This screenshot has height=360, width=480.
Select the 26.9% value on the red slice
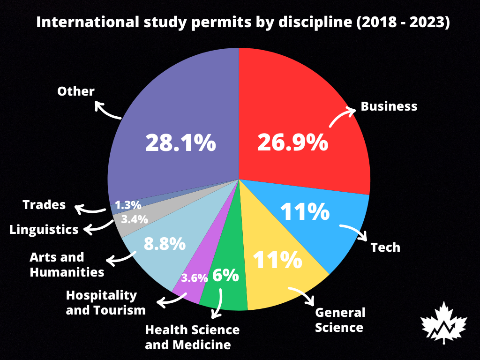click(292, 142)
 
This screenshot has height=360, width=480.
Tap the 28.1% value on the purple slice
click(180, 142)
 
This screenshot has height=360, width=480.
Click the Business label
click(389, 106)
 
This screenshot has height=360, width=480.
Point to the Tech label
click(385, 247)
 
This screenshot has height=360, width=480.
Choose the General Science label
click(340, 320)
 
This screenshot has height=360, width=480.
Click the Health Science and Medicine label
click(192, 337)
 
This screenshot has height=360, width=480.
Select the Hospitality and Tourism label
click(105, 302)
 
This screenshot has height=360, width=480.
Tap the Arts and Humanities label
click(67, 264)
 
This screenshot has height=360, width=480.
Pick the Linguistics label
click(44, 230)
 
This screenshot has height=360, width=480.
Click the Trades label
click(44, 205)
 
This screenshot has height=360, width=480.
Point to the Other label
click(76, 91)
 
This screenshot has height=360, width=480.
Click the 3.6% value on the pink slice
click(194, 278)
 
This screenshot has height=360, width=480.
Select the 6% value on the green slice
click(225, 275)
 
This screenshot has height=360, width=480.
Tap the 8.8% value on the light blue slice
click(164, 244)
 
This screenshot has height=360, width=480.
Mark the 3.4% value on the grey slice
click(135, 219)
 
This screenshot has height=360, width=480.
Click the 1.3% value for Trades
click(128, 205)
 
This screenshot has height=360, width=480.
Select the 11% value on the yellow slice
click(277, 260)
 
